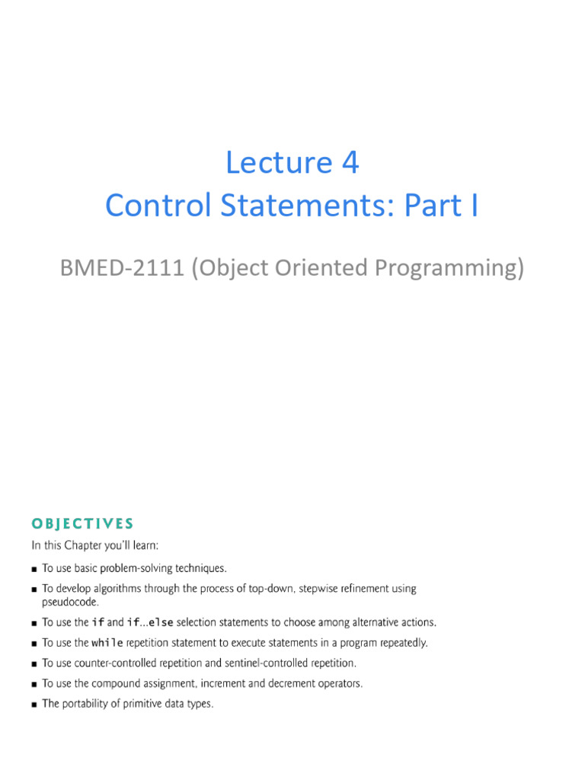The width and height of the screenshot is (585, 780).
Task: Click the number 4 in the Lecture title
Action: coord(350,162)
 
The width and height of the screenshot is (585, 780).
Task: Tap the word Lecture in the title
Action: coord(279,162)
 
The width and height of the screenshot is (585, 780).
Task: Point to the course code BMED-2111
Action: coord(122,267)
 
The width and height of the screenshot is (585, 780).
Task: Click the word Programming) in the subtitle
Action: coord(449,269)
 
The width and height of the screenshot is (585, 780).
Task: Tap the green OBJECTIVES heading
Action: coord(82,524)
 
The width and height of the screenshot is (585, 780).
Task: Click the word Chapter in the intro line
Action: coord(82,545)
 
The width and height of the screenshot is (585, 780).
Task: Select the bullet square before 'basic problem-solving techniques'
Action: coord(34,569)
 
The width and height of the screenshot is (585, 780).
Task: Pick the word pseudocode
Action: coord(70,603)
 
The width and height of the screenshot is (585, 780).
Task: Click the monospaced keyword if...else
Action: coord(150,622)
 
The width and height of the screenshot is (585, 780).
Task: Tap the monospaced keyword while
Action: coord(107,643)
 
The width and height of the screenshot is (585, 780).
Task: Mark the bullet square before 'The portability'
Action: coord(34,705)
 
